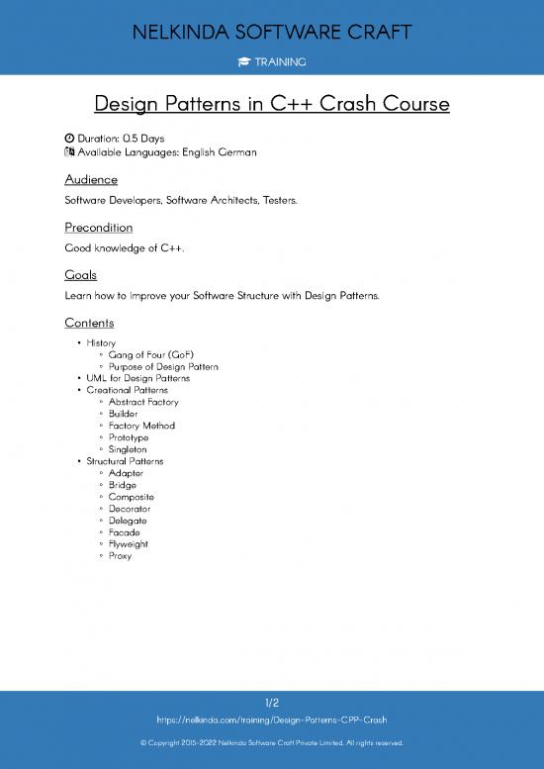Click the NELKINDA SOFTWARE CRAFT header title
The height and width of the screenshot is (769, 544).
(272, 33)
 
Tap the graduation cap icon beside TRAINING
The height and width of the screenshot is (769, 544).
(243, 62)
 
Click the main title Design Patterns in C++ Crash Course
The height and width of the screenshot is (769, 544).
(272, 103)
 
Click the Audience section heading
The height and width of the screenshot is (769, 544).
(91, 179)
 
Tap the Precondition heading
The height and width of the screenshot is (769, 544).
(98, 228)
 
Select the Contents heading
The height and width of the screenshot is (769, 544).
(89, 323)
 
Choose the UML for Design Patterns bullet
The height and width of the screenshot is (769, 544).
(137, 378)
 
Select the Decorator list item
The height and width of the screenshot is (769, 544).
(130, 509)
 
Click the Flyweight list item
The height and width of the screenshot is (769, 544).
(129, 544)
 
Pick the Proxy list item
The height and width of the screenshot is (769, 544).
(120, 556)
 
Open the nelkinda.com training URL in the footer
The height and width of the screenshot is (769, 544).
(272, 720)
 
